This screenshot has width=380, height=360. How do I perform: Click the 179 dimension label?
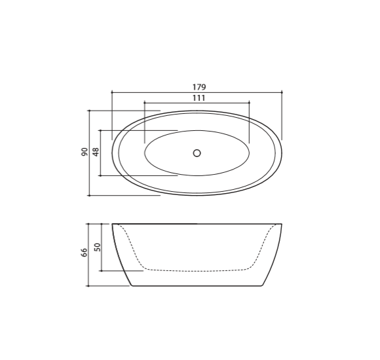coord(199,87)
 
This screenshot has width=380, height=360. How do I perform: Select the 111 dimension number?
coord(199,98)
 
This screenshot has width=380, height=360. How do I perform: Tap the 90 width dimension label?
coord(85,152)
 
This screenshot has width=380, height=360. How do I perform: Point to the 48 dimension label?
coord(96,152)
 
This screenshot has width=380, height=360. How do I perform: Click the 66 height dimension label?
coord(84,253)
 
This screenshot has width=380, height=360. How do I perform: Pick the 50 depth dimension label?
coord(97,247)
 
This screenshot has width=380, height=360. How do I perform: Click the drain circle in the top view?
coord(197,153)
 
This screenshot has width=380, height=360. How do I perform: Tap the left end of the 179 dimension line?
coord(112,92)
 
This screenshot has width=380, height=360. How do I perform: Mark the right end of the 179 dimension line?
coord(282,92)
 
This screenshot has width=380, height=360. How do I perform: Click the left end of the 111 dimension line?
coord(144,103)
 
